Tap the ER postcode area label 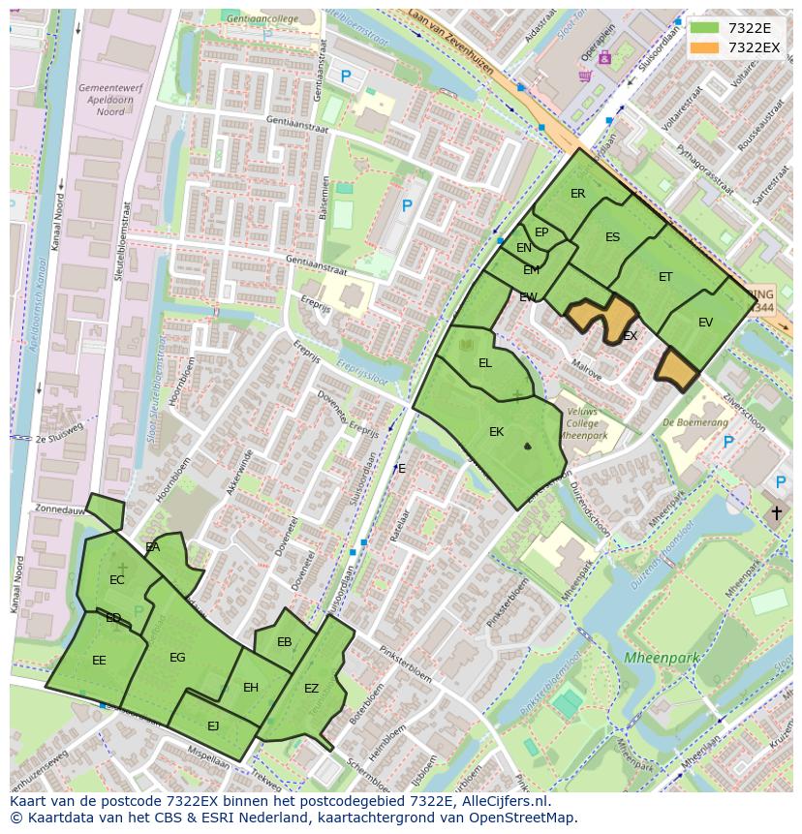[x=577, y=194]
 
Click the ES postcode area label [x=612, y=237]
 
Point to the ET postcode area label [x=665, y=277]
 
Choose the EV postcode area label [x=705, y=323]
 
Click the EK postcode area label [x=496, y=432]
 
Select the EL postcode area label [x=485, y=363]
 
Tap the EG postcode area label [x=177, y=658]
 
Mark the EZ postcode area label [x=311, y=689]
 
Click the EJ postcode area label [x=213, y=726]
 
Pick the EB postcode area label [x=284, y=642]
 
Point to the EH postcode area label [x=251, y=688]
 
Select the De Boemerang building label [x=695, y=422]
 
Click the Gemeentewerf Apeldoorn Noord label [x=101, y=100]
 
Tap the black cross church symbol [x=776, y=512]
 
